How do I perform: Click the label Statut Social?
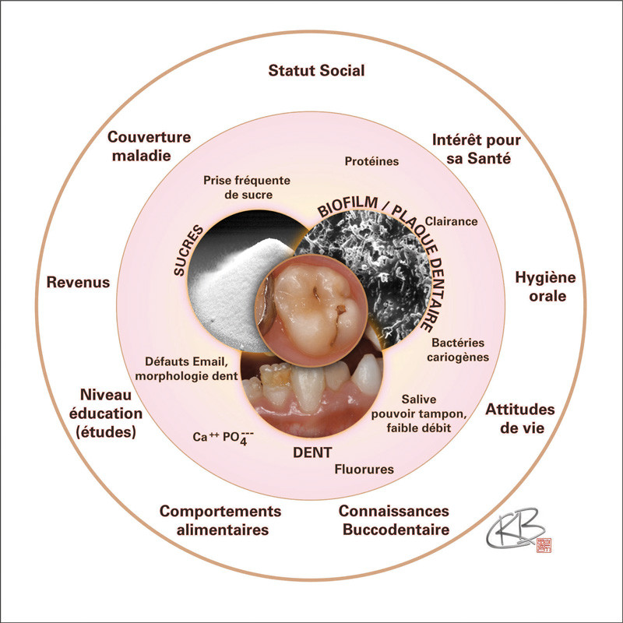[316, 71]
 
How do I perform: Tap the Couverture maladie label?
[149, 146]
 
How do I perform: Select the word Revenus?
[78, 281]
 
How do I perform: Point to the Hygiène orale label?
[544, 287]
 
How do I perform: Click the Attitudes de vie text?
[520, 418]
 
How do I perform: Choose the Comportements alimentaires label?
[220, 520]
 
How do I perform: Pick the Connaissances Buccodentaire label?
[394, 520]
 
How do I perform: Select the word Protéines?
[371, 161]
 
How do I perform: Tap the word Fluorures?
[364, 470]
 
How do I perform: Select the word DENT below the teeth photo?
[312, 452]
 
